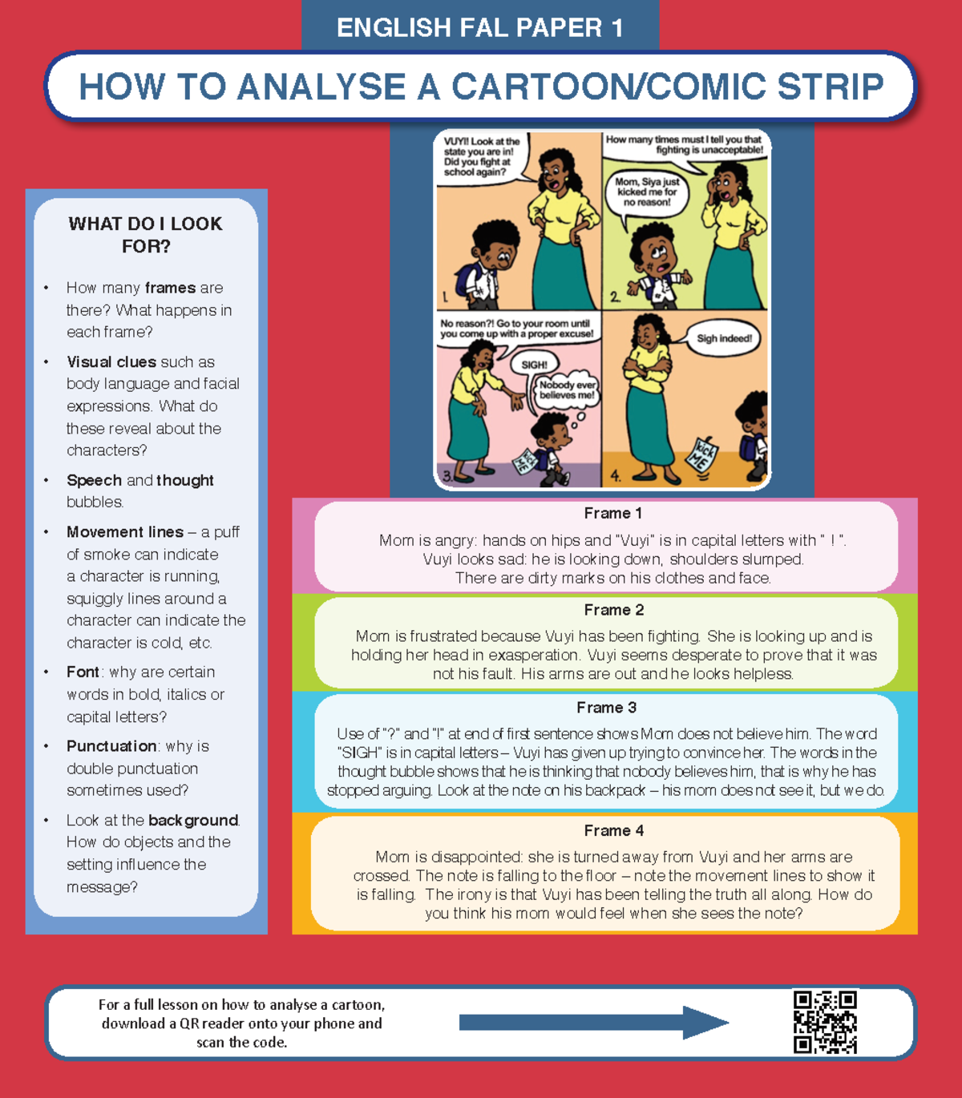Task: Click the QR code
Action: (x=825, y=1022)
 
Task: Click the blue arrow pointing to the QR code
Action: (x=593, y=1022)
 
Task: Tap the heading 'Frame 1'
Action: (x=612, y=513)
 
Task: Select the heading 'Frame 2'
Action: (x=613, y=610)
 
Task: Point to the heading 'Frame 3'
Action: (x=606, y=708)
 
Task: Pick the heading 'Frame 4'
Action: (x=613, y=830)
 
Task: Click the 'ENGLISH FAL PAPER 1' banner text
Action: (x=479, y=28)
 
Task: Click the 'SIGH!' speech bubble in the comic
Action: (x=534, y=365)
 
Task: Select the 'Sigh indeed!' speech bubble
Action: (x=723, y=338)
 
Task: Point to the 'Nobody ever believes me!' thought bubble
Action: (x=567, y=390)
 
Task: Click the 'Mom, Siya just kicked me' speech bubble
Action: (x=647, y=192)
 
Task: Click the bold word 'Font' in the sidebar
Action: (x=83, y=672)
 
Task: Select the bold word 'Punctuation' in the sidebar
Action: (x=111, y=746)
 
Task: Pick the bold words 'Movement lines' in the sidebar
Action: (x=125, y=532)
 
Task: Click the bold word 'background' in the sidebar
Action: (x=193, y=820)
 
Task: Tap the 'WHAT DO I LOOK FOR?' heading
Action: (x=145, y=235)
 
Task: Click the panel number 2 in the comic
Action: (x=614, y=297)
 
